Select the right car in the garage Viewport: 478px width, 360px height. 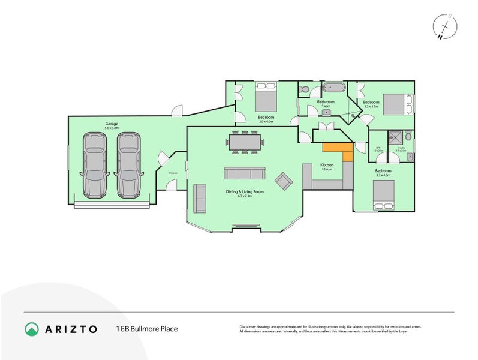tap(128, 165)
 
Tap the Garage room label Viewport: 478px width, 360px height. tap(111, 125)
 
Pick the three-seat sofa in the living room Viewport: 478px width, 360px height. tap(244, 173)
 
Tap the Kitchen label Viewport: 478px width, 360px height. tap(326, 165)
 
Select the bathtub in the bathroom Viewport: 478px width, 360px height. tap(332, 88)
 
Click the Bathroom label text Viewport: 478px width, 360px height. tap(326, 102)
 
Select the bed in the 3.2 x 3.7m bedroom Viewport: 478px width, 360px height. tap(397, 103)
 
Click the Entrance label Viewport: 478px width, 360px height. tap(173, 173)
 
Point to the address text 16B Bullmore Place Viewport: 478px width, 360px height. tap(147, 329)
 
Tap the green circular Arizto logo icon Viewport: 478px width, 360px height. tap(32, 329)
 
